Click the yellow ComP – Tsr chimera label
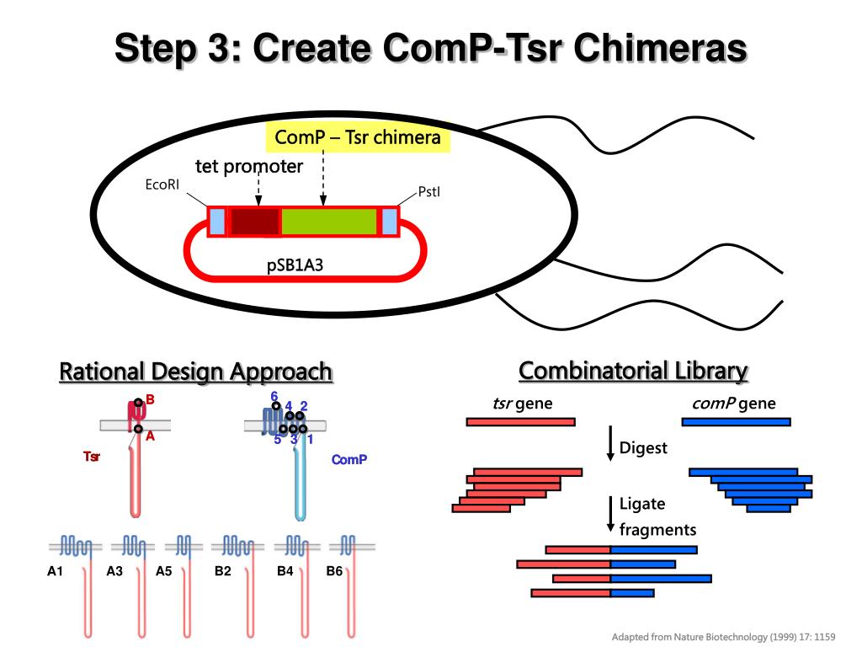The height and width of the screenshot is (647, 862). [359, 137]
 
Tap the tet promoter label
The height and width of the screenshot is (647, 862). [249, 166]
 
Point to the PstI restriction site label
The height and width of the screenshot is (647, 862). [429, 192]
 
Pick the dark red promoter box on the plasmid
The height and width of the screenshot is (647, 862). [254, 221]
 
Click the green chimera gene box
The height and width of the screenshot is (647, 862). [328, 221]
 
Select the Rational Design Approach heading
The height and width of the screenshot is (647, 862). [195, 372]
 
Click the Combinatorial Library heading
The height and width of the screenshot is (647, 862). [633, 371]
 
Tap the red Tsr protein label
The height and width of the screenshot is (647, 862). [92, 457]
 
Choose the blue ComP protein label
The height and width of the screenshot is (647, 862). [349, 460]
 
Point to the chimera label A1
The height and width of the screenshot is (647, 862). [56, 571]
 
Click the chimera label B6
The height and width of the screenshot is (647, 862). [335, 571]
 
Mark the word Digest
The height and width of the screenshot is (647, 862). [643, 447]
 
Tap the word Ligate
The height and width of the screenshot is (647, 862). [642, 504]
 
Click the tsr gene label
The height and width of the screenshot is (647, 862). [523, 404]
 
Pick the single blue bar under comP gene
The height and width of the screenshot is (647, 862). [736, 421]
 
